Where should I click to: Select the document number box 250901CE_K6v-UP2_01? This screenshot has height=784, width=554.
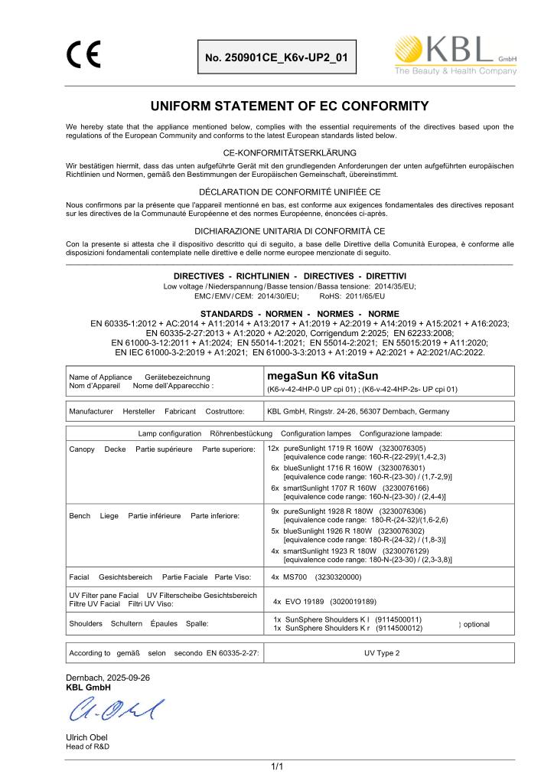pyautogui.click(x=276, y=57)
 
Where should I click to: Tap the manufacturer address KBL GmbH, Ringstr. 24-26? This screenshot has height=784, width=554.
pyautogui.click(x=357, y=411)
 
